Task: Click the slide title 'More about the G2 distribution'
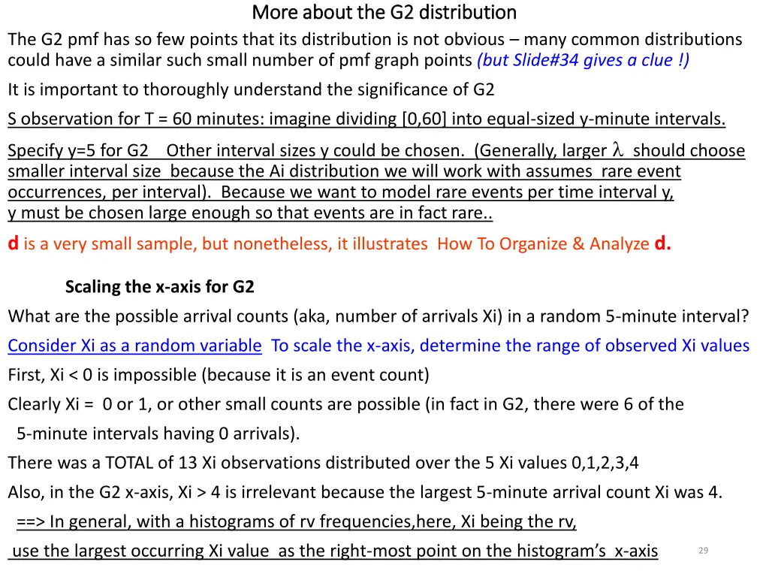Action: tap(384, 13)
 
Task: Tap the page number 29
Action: tap(703, 551)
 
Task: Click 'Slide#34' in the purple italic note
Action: tap(540, 61)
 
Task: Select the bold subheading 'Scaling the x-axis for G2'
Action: tap(160, 286)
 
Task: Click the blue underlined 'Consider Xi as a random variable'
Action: tap(135, 346)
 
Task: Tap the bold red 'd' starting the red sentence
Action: tap(13, 243)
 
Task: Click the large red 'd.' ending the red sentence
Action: tap(662, 243)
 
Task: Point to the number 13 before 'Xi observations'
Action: tap(189, 463)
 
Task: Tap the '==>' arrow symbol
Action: tap(30, 522)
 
